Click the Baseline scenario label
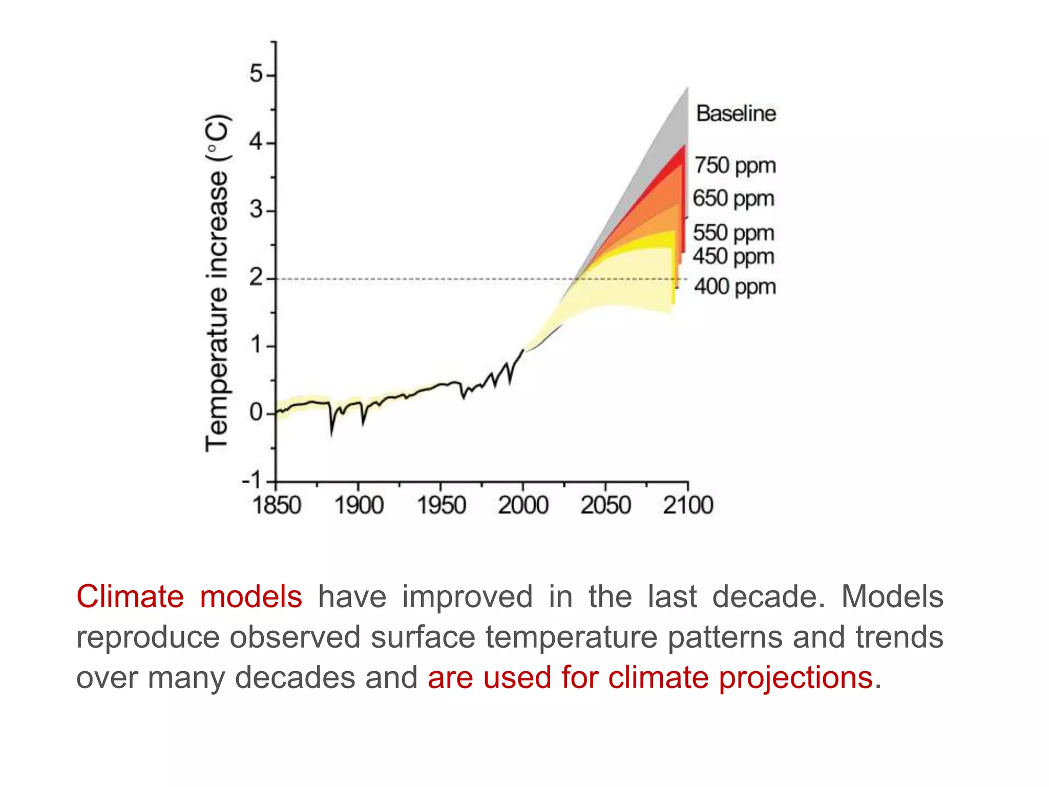coord(736,113)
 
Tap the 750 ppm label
coord(735,166)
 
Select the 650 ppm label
coord(733,199)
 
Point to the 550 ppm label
coord(733,233)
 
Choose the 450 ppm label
coord(733,257)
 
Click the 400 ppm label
coord(735,287)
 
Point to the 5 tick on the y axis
coord(256,74)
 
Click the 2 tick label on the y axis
coord(256,278)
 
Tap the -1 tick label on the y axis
coord(251,481)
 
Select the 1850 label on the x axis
coord(277,506)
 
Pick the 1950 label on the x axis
coord(441,506)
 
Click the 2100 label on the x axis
coord(688,506)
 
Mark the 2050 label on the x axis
coord(605,506)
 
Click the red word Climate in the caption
coord(130,597)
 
